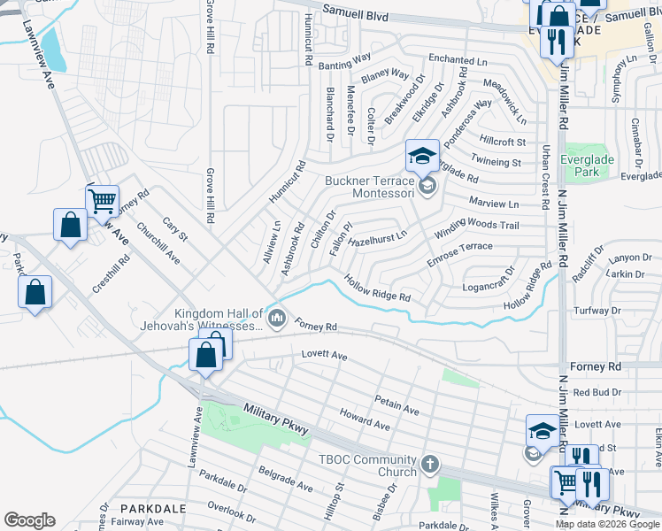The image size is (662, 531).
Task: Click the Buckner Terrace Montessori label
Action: pyautogui.click(x=369, y=187)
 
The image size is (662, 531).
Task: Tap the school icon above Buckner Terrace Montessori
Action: pyautogui.click(x=422, y=156)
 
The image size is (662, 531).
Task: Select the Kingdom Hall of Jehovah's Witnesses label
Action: pyautogui.click(x=219, y=319)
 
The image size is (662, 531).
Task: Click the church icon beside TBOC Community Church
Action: pyautogui.click(x=429, y=464)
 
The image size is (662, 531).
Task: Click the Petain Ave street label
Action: pyautogui.click(x=396, y=405)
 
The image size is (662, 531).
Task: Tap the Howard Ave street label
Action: pyautogui.click(x=365, y=420)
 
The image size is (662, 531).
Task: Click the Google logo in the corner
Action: pyautogui.click(x=29, y=520)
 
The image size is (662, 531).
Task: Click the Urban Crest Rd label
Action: pyautogui.click(x=548, y=178)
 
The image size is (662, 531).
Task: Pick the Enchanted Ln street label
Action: pyautogui.click(x=458, y=60)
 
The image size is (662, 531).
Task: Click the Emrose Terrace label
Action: pyautogui.click(x=459, y=251)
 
